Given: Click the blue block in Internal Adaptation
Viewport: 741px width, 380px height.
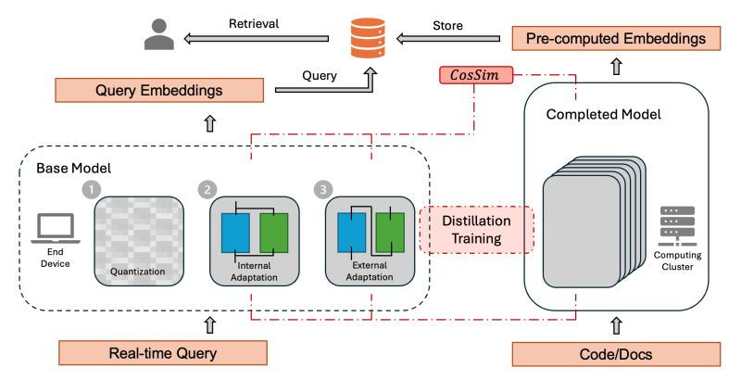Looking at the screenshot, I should click(x=236, y=233).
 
